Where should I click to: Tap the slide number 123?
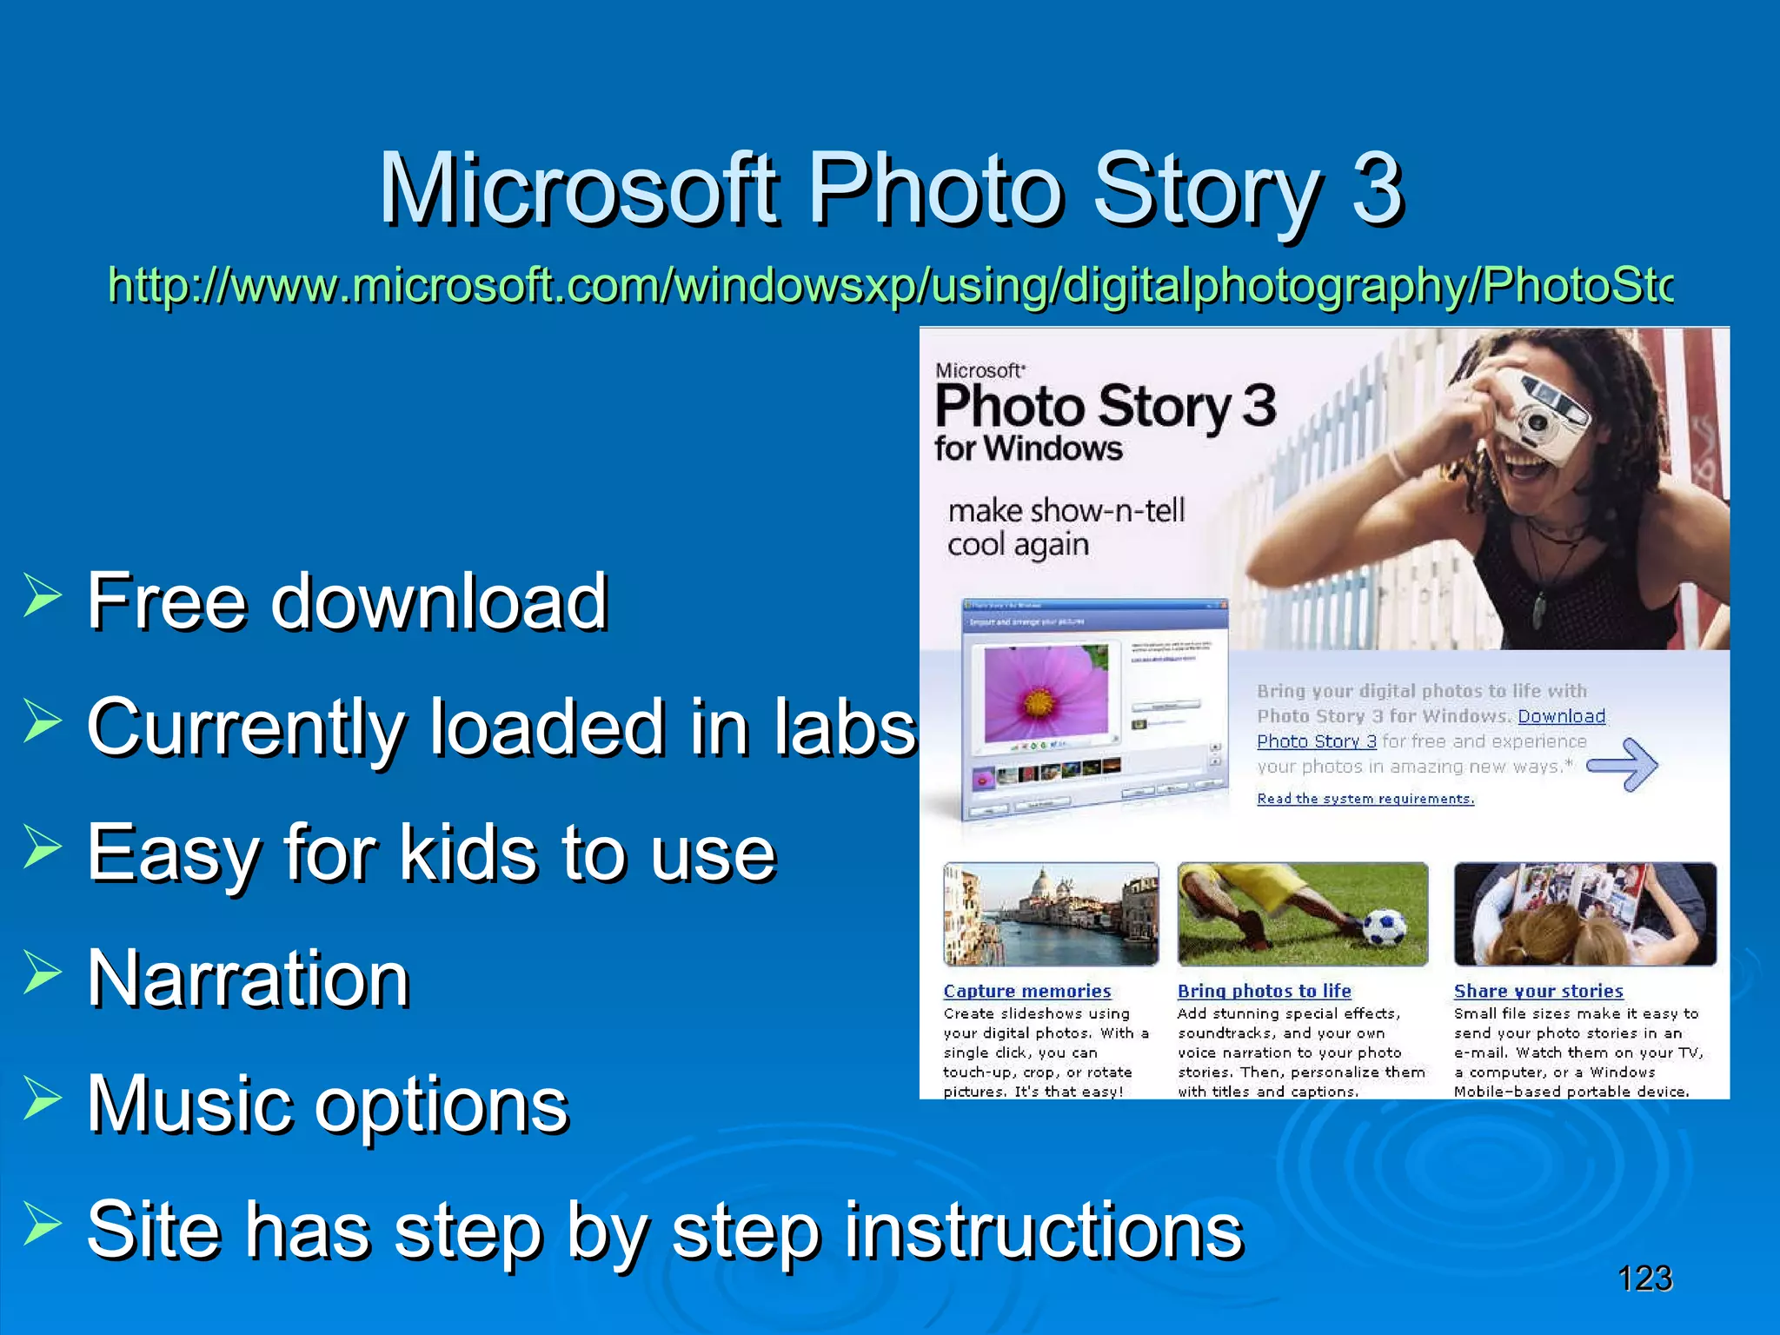click(x=1644, y=1279)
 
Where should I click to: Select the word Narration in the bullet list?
click(x=249, y=979)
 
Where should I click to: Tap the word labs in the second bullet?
click(x=844, y=727)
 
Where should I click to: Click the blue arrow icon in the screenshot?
click(x=1624, y=765)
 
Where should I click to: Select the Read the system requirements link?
click(x=1365, y=799)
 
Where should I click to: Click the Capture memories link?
click(x=1026, y=991)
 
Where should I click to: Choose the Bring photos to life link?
click(x=1264, y=991)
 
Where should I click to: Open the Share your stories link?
click(x=1538, y=991)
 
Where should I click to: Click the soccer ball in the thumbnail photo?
click(x=1384, y=927)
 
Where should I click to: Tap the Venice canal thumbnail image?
click(x=1050, y=914)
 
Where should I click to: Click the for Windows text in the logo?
click(x=1028, y=449)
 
